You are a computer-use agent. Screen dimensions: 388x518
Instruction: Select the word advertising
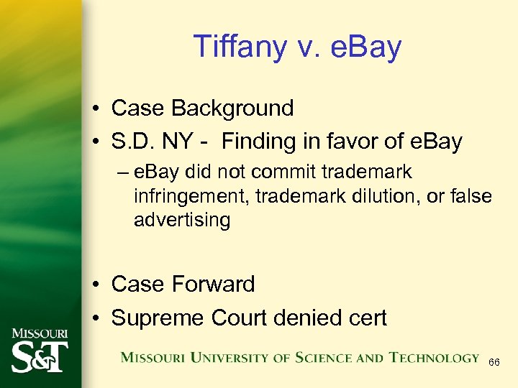pos(181,220)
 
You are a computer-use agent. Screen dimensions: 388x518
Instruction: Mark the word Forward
pos(213,284)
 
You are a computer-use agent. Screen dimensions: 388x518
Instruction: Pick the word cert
pos(366,317)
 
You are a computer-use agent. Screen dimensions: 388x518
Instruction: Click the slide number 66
pos(494,364)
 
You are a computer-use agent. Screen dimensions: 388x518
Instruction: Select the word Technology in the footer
pos(435,357)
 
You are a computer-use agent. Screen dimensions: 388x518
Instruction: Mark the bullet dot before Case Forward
pos(96,285)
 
